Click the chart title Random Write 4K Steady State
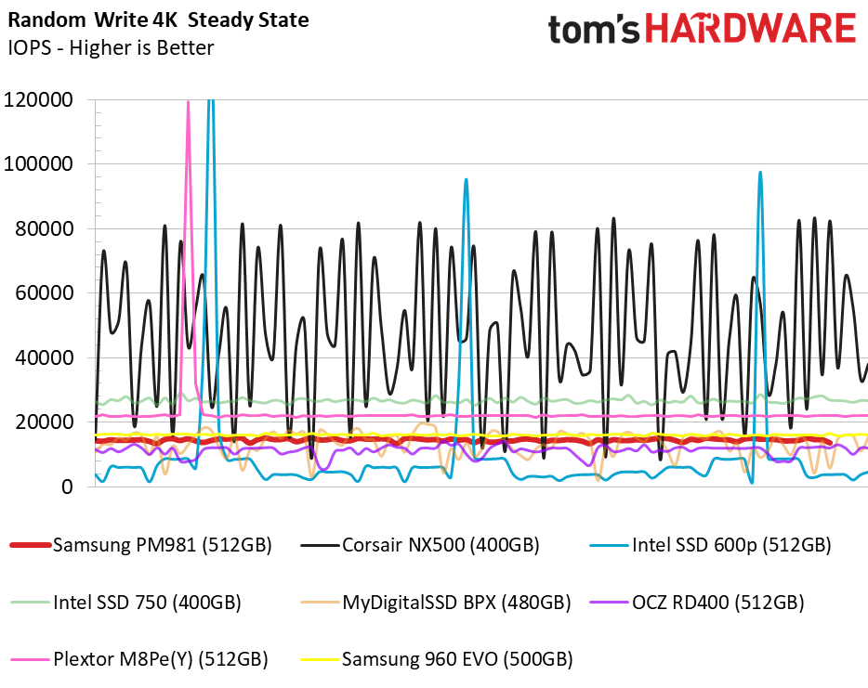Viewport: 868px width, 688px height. point(158,19)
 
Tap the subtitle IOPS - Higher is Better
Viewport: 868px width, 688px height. point(111,47)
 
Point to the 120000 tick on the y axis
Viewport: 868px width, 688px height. point(40,99)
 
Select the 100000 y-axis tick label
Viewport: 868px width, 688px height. point(40,164)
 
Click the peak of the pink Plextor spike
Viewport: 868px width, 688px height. point(189,102)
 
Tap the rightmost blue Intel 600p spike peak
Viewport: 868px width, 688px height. point(760,173)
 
